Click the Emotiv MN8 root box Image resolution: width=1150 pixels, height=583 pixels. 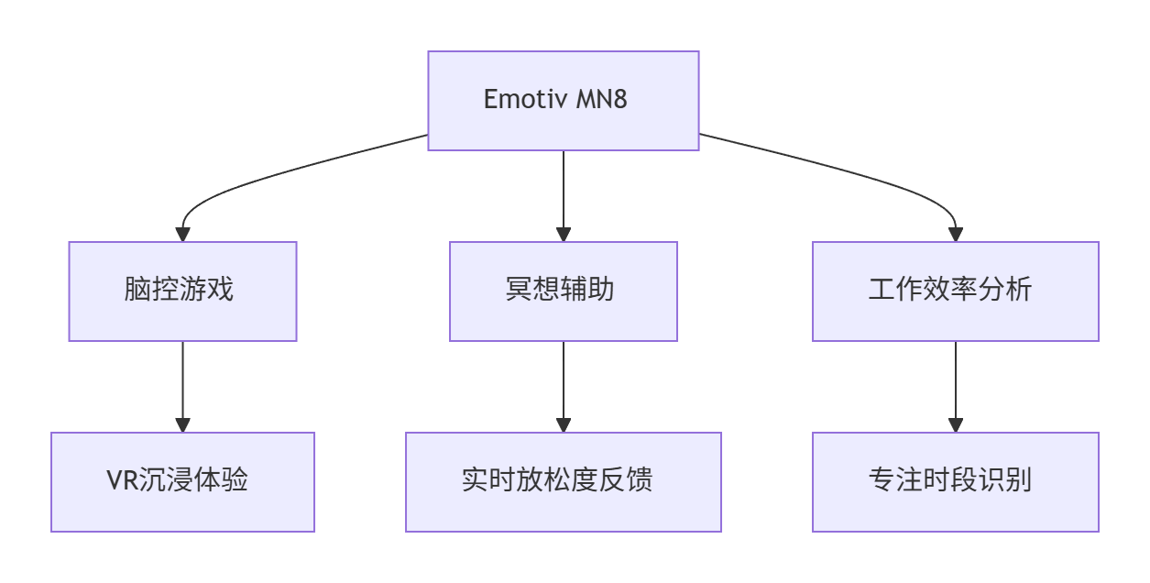[563, 100]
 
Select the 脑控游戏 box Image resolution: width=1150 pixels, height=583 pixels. [182, 291]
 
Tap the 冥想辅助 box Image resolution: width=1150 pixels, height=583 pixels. [563, 291]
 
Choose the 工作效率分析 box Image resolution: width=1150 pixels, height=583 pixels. [955, 291]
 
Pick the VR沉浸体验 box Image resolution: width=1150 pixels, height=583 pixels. [182, 481]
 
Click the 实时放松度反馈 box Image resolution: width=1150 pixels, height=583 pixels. [563, 481]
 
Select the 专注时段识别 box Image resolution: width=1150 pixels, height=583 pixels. [955, 481]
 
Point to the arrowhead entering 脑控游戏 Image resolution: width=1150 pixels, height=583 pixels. [182, 235]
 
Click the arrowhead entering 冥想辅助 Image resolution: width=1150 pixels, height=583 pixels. [563, 235]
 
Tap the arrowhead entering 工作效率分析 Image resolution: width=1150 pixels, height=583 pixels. [955, 235]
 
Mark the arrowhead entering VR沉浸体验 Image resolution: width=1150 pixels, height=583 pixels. [182, 425]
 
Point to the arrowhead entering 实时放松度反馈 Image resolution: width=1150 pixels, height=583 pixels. [563, 425]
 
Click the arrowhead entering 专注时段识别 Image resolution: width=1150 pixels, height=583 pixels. [955, 425]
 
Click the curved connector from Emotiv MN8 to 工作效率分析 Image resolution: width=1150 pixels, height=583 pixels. [852, 172]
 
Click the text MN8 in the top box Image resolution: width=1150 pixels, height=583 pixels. [602, 100]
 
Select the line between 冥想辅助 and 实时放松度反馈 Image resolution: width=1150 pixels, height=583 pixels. [563, 380]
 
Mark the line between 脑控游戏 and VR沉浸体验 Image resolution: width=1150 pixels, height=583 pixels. [182, 380]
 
